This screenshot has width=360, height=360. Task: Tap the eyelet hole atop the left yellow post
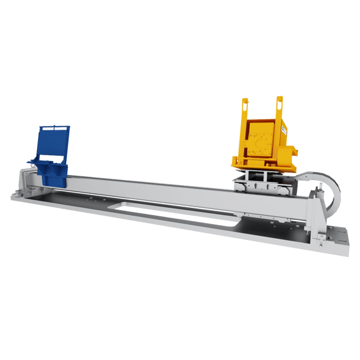click(245, 102)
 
